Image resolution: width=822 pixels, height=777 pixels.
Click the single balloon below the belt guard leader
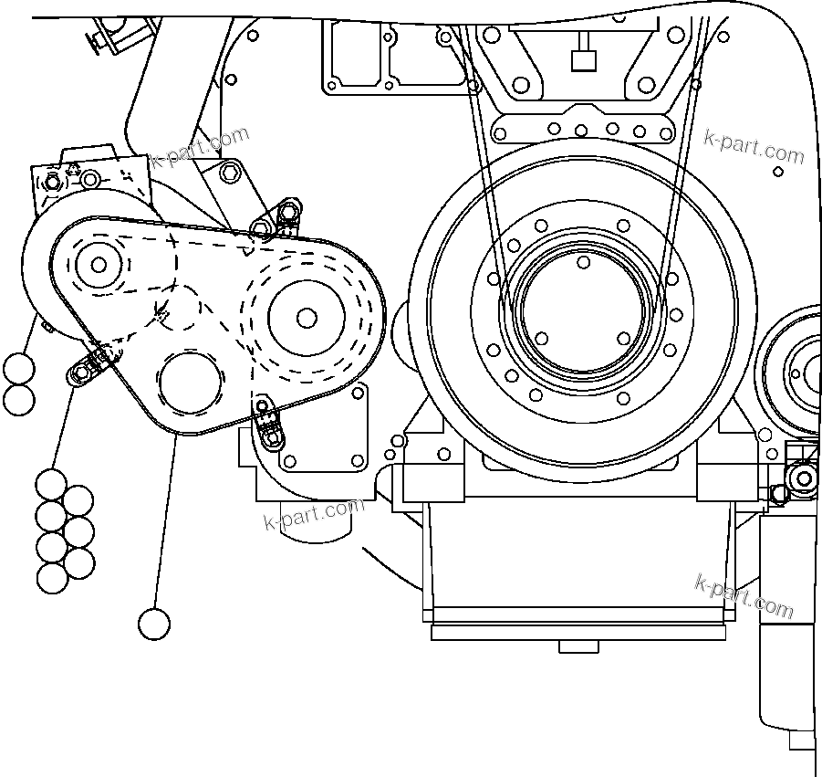[154, 625]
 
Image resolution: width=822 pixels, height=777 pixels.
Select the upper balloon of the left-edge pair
[18, 370]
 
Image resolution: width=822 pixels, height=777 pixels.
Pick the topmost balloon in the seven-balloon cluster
[52, 485]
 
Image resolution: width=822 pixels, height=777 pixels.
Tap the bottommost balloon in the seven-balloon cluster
[52, 577]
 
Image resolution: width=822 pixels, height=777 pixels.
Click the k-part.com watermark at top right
[754, 146]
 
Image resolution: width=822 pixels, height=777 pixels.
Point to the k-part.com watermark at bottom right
[744, 594]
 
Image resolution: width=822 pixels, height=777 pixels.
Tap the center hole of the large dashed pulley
[307, 317]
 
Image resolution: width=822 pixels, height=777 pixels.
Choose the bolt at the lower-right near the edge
[803, 478]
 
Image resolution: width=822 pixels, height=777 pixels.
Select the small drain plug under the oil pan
[577, 646]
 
